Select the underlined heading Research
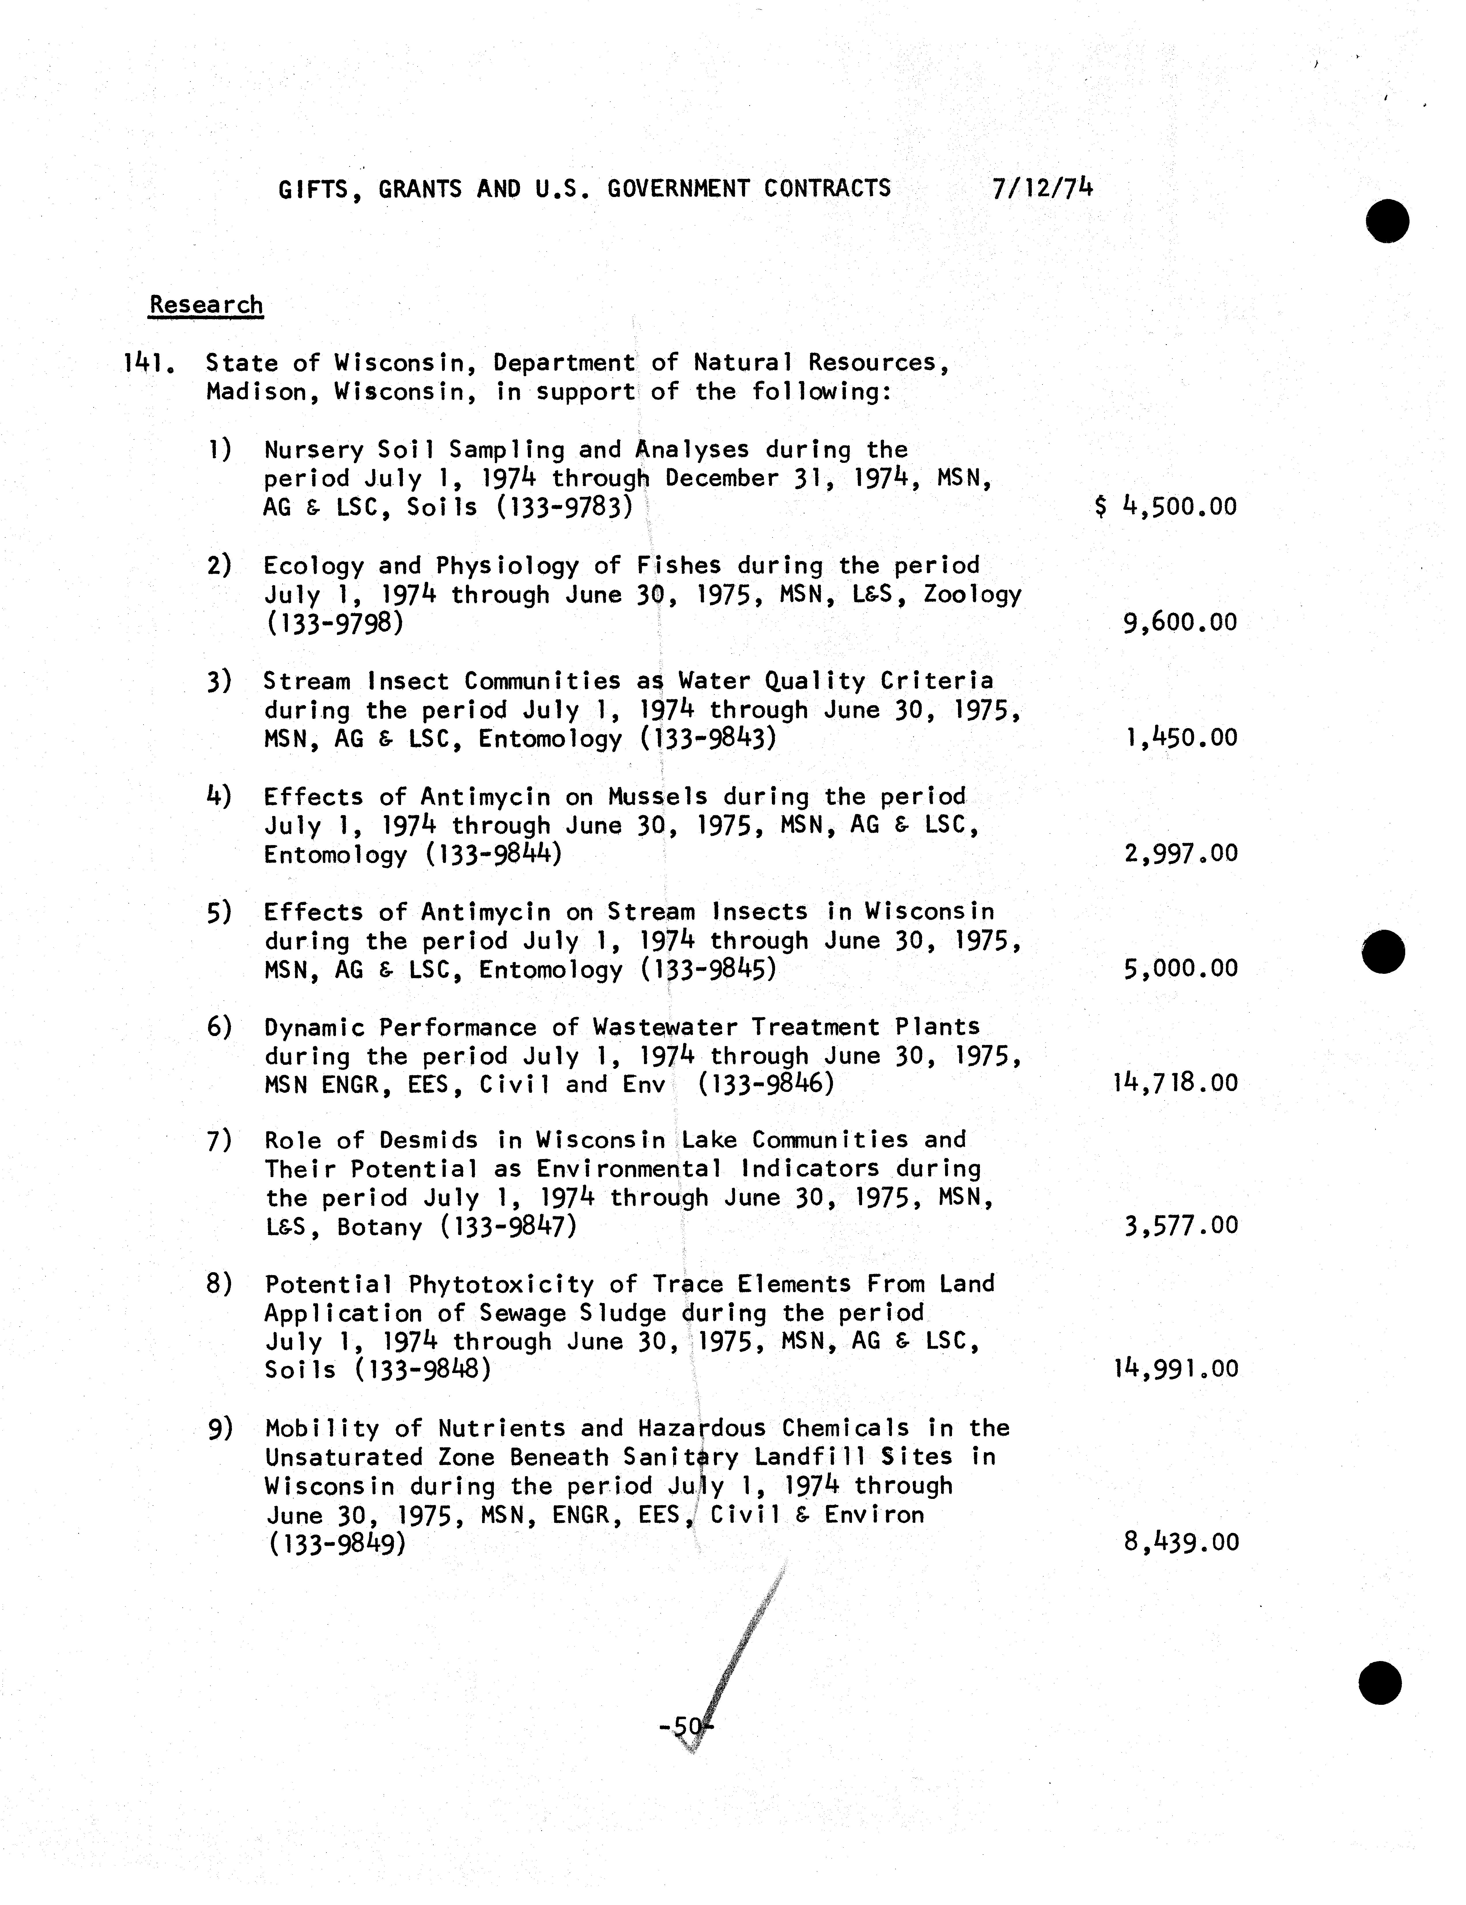[x=206, y=305]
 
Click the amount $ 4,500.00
[x=1166, y=507]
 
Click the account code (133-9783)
[x=564, y=507]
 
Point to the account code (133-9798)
[x=334, y=624]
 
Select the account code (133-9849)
[x=336, y=1544]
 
